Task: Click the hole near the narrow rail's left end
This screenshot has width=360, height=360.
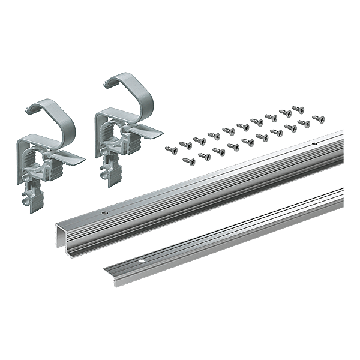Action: (x=142, y=262)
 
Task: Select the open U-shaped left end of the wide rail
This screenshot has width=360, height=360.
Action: (x=61, y=236)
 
